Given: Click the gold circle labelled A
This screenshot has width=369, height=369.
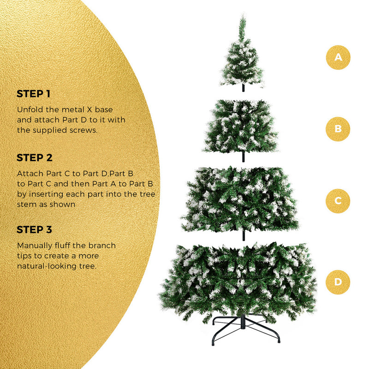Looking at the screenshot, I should tap(338, 58).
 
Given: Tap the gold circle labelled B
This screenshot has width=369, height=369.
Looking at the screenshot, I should tap(338, 129).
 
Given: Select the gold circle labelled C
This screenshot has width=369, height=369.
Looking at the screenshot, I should tap(338, 201).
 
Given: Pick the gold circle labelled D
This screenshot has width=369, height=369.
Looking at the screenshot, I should tap(338, 281).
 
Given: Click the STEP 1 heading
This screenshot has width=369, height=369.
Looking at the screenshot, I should tap(34, 94).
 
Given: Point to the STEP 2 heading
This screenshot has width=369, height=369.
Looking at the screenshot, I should tap(35, 158).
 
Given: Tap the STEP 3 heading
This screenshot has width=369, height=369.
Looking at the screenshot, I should tap(35, 230).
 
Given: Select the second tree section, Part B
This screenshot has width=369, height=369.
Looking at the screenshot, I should tap(241, 127).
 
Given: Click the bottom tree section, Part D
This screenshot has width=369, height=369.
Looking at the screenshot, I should tap(238, 279).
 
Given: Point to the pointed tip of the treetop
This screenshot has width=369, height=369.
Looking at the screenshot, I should tap(241, 17).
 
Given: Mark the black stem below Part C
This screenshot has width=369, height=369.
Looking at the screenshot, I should tap(242, 235).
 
